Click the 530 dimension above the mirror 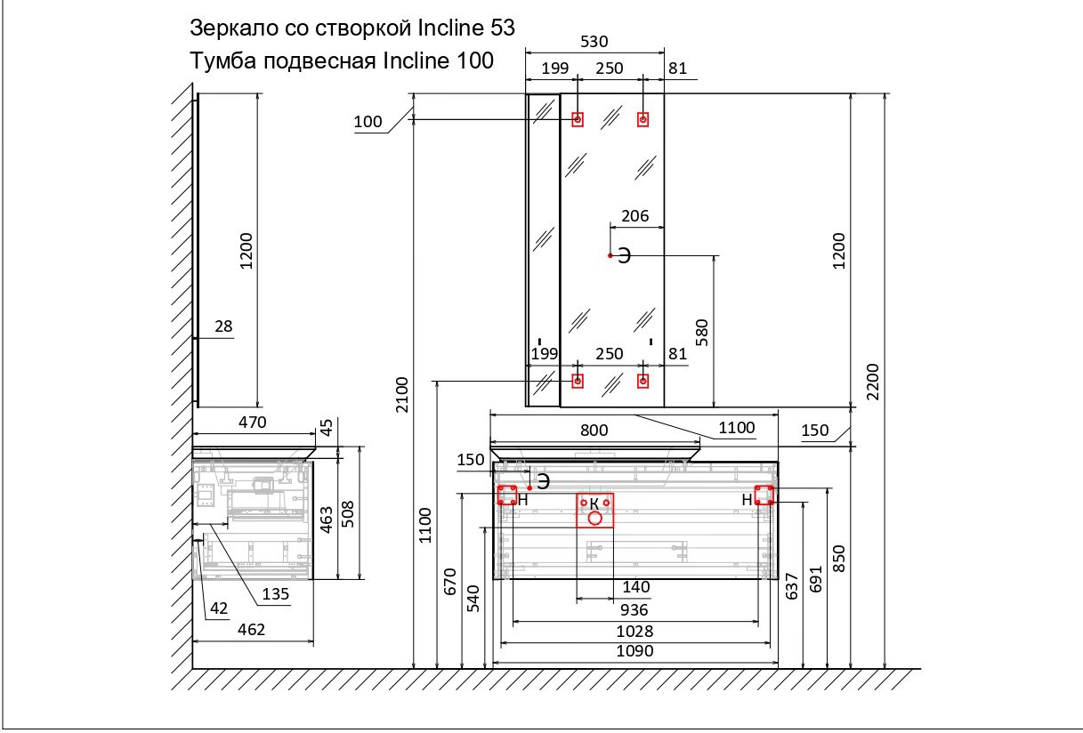coord(594,41)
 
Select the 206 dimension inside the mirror coord(635,215)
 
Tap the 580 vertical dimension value coord(701,332)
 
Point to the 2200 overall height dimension coord(873,381)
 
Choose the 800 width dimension coord(594,430)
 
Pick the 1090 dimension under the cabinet coord(634,651)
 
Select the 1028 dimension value coord(634,631)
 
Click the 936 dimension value coord(634,610)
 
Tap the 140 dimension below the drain coord(635,587)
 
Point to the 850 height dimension coord(837,559)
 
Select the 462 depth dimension coord(251,630)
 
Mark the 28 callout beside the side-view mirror coord(223,326)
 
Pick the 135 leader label coord(276,595)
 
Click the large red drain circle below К coord(595,517)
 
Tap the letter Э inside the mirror coord(625,256)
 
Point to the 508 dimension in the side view coord(349,513)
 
